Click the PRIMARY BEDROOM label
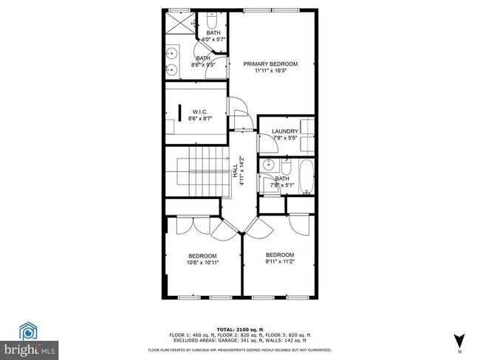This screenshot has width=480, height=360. [270, 64]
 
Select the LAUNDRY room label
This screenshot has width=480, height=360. [284, 131]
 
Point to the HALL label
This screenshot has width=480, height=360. [236, 169]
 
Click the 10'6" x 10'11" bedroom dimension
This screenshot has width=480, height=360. [202, 262]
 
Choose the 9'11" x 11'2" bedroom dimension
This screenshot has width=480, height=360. [280, 261]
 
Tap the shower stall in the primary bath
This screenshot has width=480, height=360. [176, 25]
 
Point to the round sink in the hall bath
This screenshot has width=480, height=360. [268, 165]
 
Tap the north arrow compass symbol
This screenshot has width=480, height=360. [460, 341]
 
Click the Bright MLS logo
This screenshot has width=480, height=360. [30, 340]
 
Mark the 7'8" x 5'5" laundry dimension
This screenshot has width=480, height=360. [284, 138]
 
